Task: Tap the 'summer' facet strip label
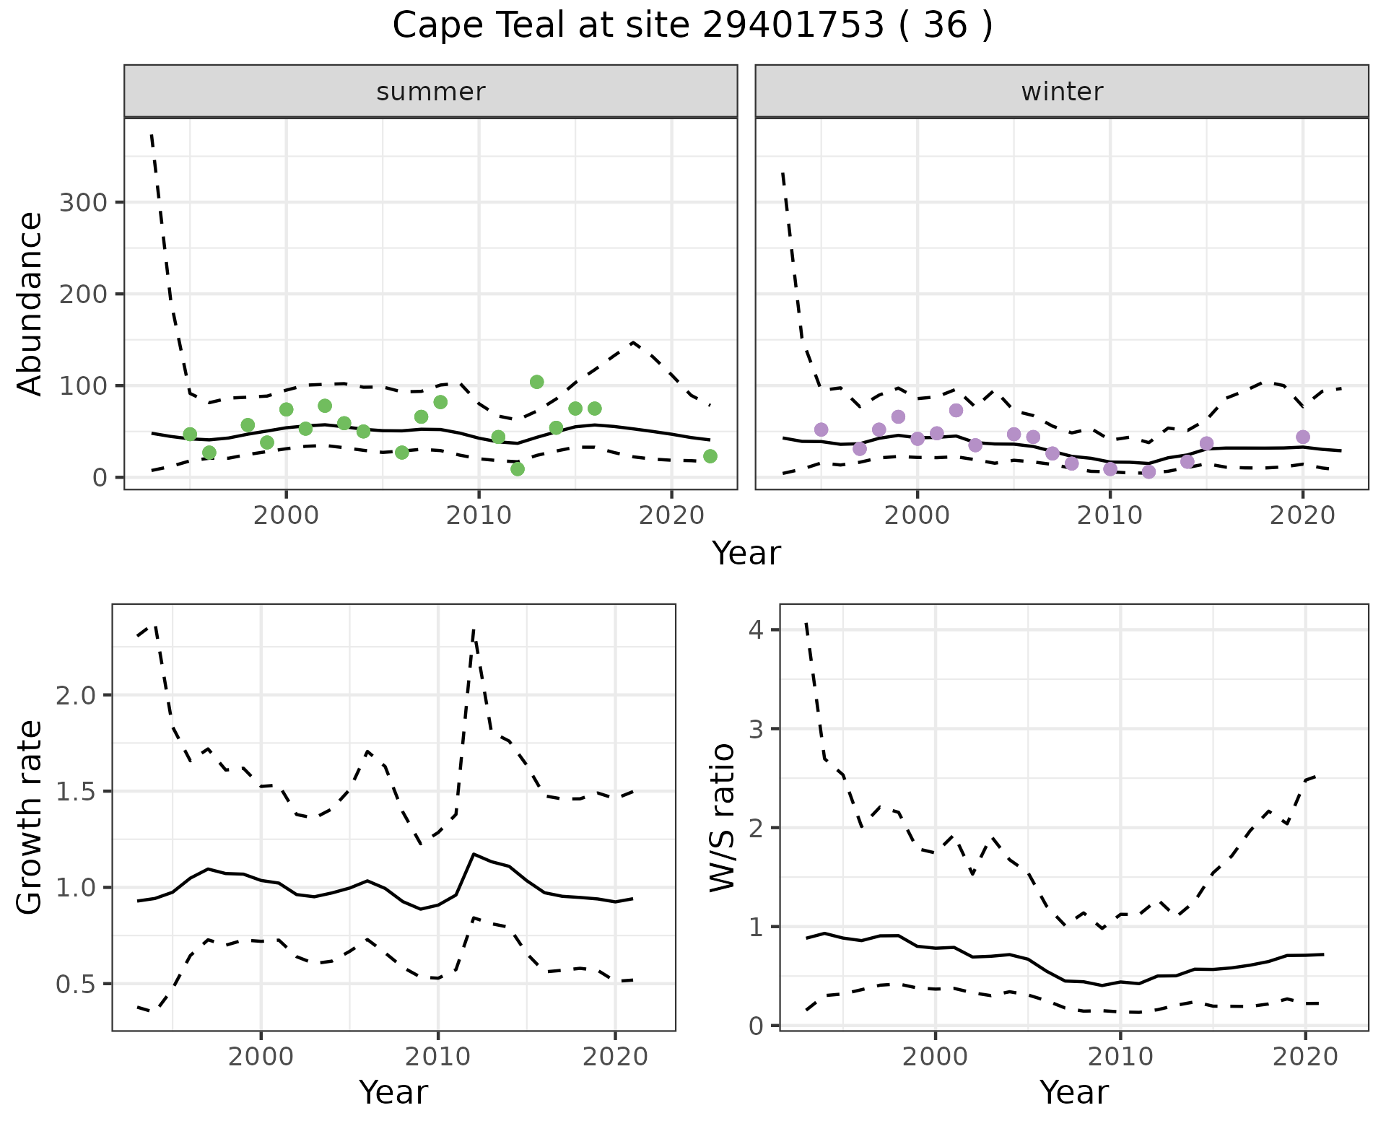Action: coord(431,92)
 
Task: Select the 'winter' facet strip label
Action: coord(1062,92)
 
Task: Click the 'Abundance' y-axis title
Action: coord(30,303)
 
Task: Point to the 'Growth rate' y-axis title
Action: coord(30,817)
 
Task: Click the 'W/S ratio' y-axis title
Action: coord(722,817)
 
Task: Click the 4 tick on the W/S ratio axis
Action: coord(755,630)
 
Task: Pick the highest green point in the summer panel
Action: coord(536,382)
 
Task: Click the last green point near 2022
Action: coord(710,456)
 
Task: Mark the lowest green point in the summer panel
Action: coord(518,469)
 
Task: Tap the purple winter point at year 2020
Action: coord(1303,437)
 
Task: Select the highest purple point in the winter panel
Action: coord(956,410)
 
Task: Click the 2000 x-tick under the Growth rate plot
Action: coord(261,1057)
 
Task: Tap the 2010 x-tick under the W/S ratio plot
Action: coord(1120,1057)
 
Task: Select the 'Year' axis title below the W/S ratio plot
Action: coord(1073,1093)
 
